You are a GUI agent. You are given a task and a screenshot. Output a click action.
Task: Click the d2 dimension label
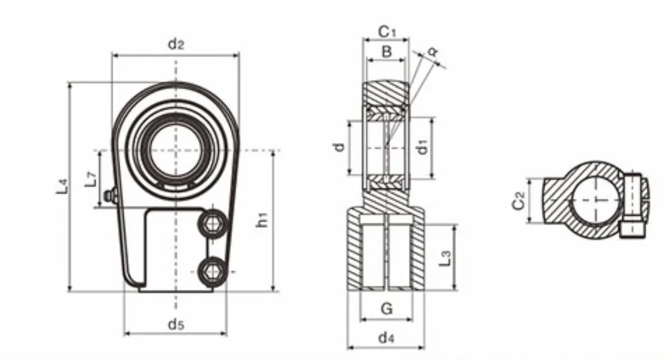176,44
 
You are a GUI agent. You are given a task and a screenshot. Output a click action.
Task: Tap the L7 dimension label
92,179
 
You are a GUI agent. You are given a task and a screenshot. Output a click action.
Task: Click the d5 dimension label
176,325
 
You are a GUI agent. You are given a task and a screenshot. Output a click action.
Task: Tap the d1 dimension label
424,147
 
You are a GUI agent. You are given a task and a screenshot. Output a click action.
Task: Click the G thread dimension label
387,309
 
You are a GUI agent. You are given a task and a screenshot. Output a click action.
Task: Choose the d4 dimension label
386,338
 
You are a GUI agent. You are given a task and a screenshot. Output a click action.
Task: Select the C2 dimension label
519,201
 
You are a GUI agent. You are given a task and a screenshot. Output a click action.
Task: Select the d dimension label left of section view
340,147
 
